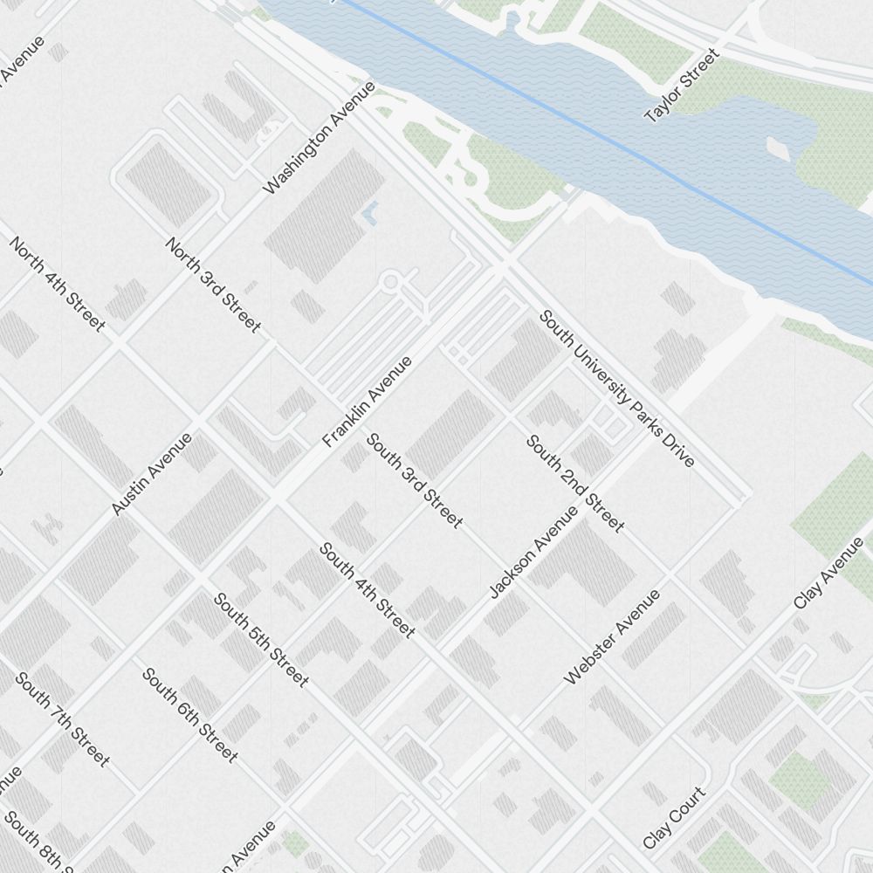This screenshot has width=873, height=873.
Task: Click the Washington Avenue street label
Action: (319, 138)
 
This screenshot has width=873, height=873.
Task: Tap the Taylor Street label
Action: (682, 86)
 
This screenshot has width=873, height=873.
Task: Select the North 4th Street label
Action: (57, 284)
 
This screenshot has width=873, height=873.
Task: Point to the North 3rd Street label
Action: (213, 285)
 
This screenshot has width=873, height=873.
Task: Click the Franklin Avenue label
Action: (367, 402)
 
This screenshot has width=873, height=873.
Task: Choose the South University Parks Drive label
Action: (616, 388)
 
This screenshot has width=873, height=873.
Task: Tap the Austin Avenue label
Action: (152, 474)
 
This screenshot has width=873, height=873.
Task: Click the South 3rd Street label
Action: (414, 480)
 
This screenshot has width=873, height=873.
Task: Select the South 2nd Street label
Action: (575, 483)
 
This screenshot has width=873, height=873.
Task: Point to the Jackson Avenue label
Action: (533, 552)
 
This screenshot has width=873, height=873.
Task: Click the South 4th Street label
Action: (367, 589)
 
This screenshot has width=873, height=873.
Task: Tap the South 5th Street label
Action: (261, 639)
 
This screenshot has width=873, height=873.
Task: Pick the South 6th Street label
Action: (189, 715)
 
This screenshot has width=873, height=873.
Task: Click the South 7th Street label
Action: (62, 719)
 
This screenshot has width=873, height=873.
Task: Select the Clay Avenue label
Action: (828, 574)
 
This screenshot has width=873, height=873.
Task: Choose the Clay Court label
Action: (674, 818)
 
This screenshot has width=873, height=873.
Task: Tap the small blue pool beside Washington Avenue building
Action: (371, 212)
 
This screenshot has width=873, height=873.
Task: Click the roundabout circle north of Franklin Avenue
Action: (390, 281)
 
